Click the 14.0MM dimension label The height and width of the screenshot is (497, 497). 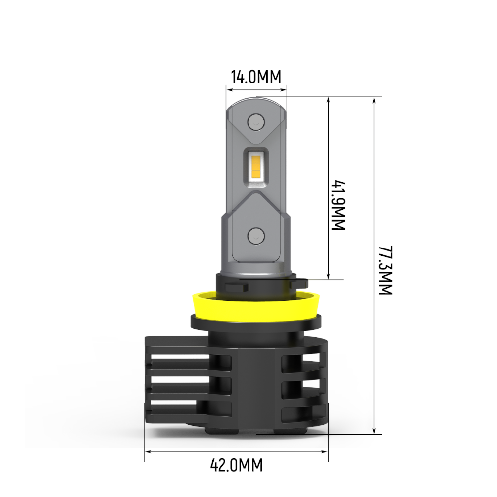[x=256, y=77]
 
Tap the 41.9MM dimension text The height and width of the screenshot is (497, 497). [x=338, y=205]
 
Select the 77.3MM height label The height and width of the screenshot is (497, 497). [x=385, y=270]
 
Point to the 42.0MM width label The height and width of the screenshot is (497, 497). [x=236, y=466]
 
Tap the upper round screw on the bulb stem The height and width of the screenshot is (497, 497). [x=256, y=120]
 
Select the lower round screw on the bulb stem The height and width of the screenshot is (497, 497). [x=256, y=235]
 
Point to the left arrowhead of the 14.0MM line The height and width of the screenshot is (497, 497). [x=229, y=90]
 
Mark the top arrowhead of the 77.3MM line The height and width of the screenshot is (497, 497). [x=375, y=99]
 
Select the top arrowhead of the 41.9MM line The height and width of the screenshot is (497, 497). [x=328, y=100]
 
